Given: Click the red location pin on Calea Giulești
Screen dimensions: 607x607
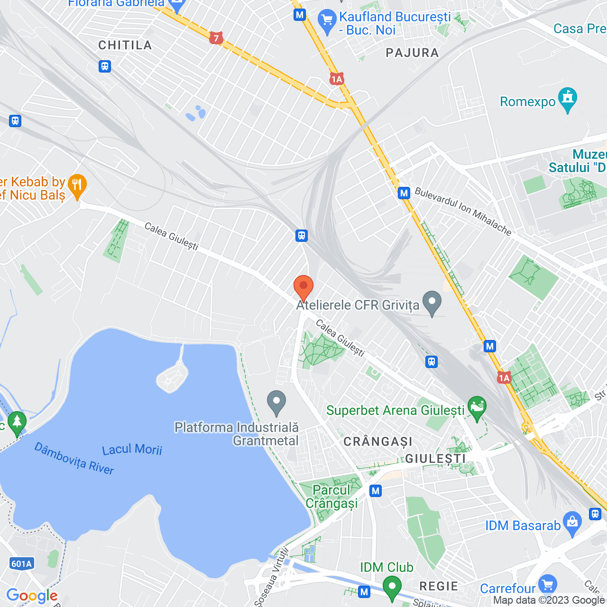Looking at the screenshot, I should pyautogui.click(x=303, y=287).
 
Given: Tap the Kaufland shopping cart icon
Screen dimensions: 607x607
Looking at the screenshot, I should pyautogui.click(x=327, y=20).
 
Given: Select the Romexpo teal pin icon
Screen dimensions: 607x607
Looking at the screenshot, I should pyautogui.click(x=568, y=98).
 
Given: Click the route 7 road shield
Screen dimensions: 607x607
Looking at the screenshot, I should pyautogui.click(x=216, y=38).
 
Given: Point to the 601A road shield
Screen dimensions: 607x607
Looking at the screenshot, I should pyautogui.click(x=21, y=564).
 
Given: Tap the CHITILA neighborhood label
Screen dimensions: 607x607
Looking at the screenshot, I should pyautogui.click(x=125, y=46).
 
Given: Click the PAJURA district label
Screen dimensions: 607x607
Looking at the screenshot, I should pyautogui.click(x=412, y=53).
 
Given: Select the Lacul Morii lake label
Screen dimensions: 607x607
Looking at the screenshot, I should pyautogui.click(x=132, y=449).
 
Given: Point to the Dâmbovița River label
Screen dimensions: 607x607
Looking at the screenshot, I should pyautogui.click(x=74, y=459).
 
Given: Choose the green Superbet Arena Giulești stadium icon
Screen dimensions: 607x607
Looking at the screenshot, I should pyautogui.click(x=477, y=407).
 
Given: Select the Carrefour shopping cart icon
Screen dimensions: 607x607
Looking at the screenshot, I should pyautogui.click(x=548, y=584).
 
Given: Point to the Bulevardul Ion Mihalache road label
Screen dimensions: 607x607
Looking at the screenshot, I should pyautogui.click(x=463, y=212).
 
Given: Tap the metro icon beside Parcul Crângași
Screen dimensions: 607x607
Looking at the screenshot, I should pyautogui.click(x=376, y=491).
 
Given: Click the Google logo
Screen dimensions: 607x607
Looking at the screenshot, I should pyautogui.click(x=32, y=596).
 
